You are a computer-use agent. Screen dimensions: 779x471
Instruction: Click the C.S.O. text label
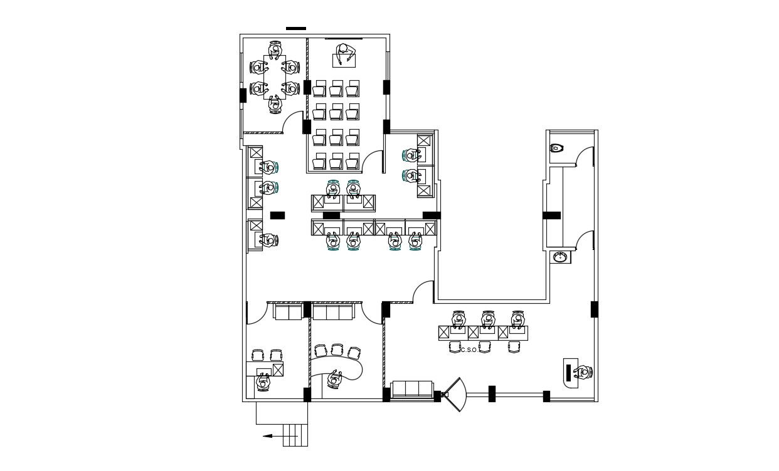coord(470,349)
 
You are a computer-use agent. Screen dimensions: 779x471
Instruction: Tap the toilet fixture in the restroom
coord(556,148)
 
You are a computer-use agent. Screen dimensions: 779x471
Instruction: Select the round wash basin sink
coord(560,257)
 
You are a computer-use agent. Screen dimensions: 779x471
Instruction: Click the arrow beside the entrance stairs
coord(273,436)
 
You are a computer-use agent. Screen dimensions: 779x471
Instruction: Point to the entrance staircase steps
coord(295,435)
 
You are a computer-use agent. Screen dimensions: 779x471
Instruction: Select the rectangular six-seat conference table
coord(274,77)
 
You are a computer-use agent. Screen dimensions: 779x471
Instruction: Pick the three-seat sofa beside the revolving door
coord(411,390)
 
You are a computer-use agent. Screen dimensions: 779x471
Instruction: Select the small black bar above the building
coord(296,28)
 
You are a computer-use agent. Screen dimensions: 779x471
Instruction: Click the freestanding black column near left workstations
coord(277,215)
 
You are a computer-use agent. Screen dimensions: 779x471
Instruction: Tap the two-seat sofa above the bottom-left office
coord(288,311)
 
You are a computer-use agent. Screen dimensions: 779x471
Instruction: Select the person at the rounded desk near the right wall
coord(583,373)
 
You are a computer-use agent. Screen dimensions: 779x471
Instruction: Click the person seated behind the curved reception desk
coord(334,378)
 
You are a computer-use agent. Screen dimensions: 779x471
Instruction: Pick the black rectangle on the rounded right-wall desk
coord(569,373)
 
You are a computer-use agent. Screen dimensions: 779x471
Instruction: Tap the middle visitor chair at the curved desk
coord(337,349)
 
